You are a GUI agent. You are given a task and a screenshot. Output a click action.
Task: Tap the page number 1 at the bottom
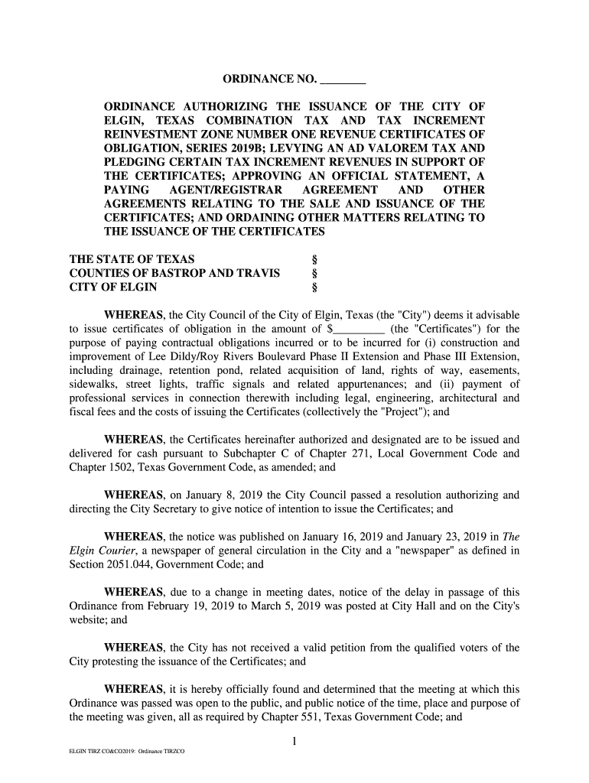294,741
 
